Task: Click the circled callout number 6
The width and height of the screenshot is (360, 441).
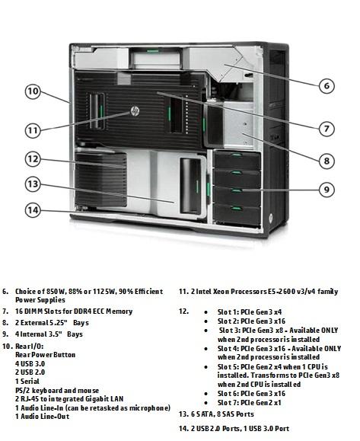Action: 327,85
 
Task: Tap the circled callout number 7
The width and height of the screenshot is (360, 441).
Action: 327,129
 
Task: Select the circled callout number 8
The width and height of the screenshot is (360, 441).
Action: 327,161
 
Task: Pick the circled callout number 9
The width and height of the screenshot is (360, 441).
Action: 327,190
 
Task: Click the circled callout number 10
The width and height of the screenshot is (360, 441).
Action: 33,91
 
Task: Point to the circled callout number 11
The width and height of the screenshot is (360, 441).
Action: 33,130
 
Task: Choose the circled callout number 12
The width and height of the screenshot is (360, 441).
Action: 33,159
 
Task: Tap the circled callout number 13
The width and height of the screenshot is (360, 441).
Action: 33,184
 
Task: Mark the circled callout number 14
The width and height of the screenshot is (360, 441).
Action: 33,210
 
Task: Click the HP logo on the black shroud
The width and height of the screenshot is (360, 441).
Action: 135,111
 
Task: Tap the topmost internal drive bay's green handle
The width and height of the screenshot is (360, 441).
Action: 237,155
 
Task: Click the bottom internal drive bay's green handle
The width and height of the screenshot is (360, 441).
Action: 237,209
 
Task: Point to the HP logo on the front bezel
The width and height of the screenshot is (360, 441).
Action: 271,217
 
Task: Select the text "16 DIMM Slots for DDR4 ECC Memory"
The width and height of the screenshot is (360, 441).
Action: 74,312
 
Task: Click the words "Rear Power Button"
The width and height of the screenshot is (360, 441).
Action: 45,355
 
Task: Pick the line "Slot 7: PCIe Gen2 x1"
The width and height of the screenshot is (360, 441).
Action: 250,402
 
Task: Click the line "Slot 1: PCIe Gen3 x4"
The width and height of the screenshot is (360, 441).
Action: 250,312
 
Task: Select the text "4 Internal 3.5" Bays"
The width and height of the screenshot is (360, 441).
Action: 49,334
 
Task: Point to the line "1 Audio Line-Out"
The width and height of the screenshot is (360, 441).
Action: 42,417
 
